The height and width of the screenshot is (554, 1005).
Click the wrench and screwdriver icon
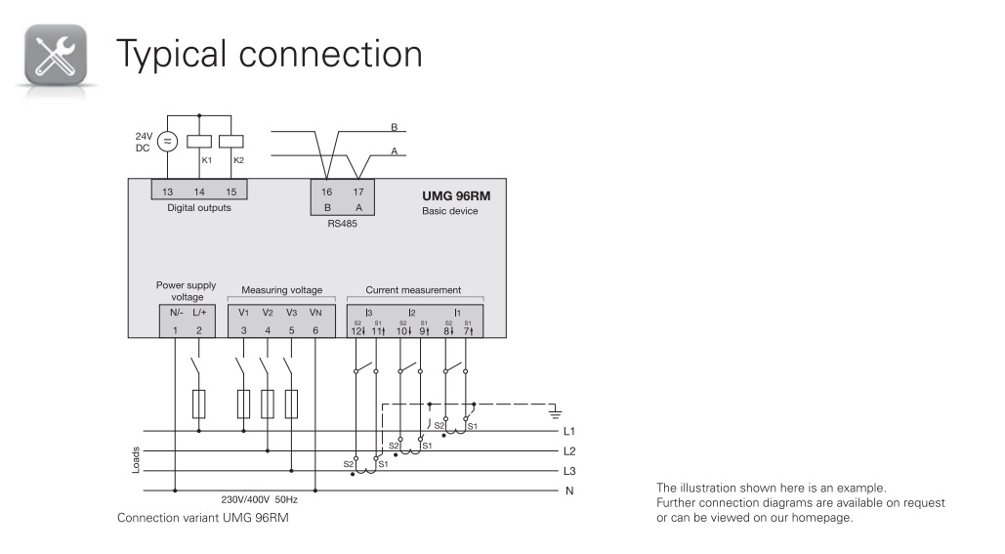coord(55,55)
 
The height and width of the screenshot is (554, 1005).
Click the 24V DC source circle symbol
coord(166,142)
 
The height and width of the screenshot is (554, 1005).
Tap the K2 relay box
coord(230,141)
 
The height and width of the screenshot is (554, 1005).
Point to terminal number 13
coord(168,192)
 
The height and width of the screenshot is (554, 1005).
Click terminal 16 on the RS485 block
coord(327,192)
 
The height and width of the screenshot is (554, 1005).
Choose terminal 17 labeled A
coord(358,192)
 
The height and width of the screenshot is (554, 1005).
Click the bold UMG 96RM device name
coord(456,195)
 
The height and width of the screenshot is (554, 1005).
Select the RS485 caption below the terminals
coord(342,224)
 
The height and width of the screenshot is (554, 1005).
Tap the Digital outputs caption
coord(199,208)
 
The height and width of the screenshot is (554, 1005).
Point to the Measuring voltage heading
coord(281,290)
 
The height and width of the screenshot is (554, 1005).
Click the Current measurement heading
coord(413,290)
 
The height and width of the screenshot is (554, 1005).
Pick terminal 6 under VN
coord(314,330)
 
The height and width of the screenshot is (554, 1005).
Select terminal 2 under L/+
coord(199,330)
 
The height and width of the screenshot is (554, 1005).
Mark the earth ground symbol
coord(558,411)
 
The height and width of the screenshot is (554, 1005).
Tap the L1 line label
coord(569,431)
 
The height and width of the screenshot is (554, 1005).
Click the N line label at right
coord(569,490)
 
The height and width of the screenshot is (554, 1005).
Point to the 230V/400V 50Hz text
coord(259,498)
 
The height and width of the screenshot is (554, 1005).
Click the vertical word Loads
coord(136,460)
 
